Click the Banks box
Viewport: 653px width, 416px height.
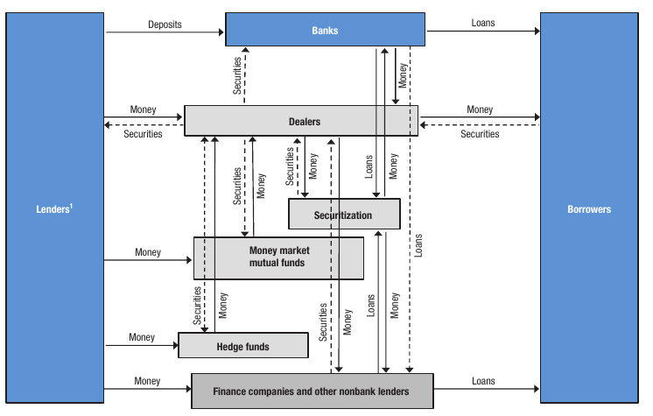(x=325, y=30)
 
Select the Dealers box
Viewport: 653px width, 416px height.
(x=300, y=122)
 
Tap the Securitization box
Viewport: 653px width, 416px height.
(x=343, y=215)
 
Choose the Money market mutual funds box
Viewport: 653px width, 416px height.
(x=278, y=257)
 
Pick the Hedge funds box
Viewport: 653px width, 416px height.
(x=242, y=346)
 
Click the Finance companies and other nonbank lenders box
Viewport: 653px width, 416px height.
(x=312, y=391)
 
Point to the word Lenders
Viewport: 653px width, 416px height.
(x=49, y=210)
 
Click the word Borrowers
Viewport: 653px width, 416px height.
(x=589, y=210)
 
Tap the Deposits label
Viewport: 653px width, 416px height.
(x=165, y=25)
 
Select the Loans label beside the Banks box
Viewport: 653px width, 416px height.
(x=482, y=23)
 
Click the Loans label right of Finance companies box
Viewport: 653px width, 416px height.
(x=482, y=381)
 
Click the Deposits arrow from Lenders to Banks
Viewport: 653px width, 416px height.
(x=165, y=33)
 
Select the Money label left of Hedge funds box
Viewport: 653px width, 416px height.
(x=142, y=337)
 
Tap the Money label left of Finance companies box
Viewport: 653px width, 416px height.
(x=147, y=381)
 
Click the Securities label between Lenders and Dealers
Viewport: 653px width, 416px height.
(x=143, y=134)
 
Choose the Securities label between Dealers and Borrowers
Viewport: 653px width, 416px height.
(x=480, y=134)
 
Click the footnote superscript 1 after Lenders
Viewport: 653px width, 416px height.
(x=71, y=207)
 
